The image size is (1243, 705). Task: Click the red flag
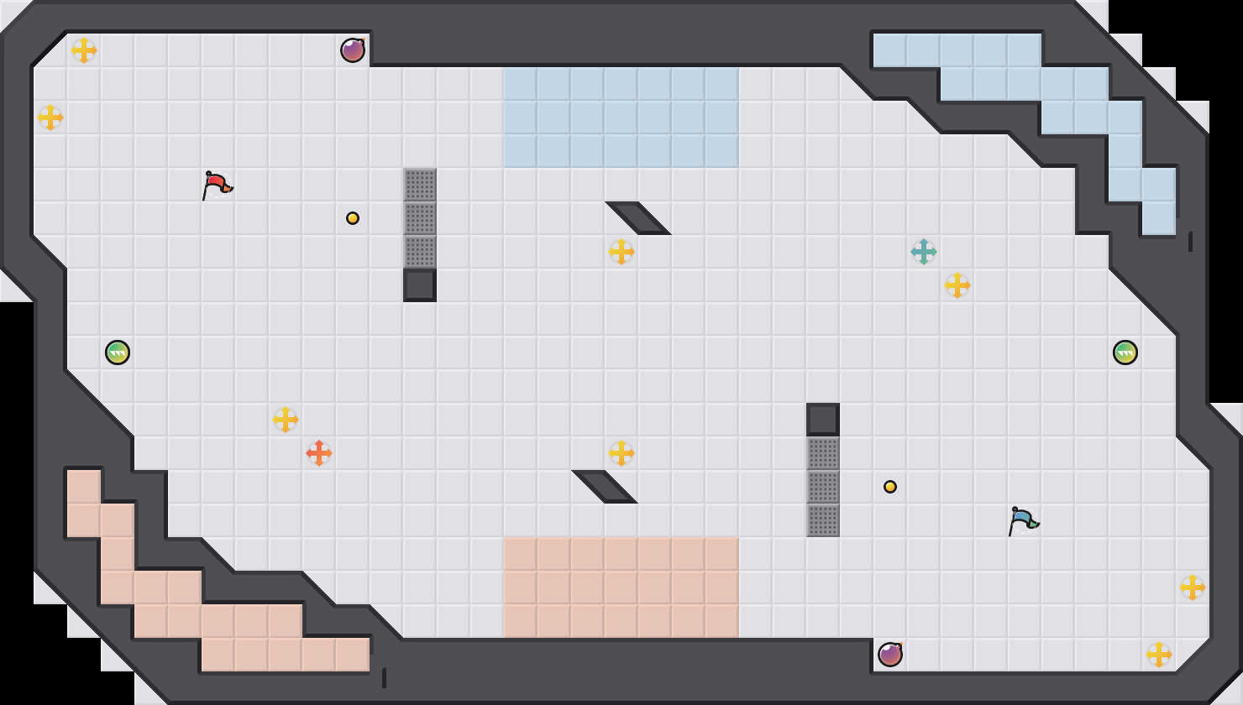[x=217, y=184]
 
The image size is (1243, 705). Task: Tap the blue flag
[x=1023, y=520]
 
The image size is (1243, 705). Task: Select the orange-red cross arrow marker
[x=319, y=453]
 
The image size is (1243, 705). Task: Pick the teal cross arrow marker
[x=924, y=252]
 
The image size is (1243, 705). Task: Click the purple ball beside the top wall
[x=353, y=50]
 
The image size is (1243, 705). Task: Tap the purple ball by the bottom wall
[x=890, y=655]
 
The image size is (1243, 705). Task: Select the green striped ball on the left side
[x=118, y=352]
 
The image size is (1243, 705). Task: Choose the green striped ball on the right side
[x=1125, y=352]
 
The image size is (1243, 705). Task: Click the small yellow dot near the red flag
[x=353, y=218]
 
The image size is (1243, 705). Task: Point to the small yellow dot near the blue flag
[x=890, y=487]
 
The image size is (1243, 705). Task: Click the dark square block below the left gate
[x=420, y=285]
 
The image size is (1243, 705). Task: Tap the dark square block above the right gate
[x=823, y=420]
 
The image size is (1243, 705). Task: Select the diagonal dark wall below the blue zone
[x=638, y=217]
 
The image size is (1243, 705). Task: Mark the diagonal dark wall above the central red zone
[x=605, y=486]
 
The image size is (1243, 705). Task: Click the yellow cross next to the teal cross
[x=957, y=285]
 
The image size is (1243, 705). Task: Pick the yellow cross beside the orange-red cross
[x=286, y=420]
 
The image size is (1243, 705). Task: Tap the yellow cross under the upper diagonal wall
[x=621, y=252]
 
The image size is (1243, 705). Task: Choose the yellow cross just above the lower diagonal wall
[x=621, y=453]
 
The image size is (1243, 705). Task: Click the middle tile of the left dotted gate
[x=420, y=218]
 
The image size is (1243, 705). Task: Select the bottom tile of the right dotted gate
[x=823, y=520]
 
